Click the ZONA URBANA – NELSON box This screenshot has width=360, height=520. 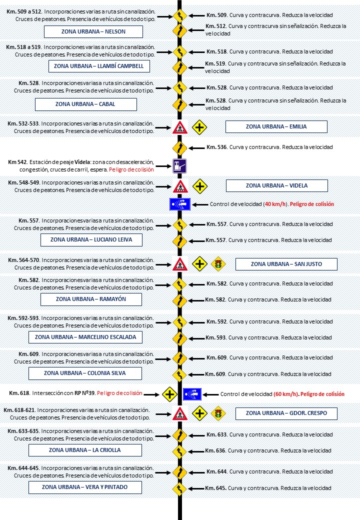tap(93, 31)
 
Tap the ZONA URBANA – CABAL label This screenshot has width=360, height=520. tap(85, 104)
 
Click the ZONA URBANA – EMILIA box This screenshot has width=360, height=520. tap(276, 126)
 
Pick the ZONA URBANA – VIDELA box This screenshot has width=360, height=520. tap(276, 185)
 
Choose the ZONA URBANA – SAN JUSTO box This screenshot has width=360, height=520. tap(286, 263)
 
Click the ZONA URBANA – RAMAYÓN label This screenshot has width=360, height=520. tap(91, 299)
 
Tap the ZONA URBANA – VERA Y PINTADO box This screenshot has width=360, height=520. tap(84, 487)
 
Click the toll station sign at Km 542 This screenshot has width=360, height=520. tap(179, 166)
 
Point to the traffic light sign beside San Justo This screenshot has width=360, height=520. tap(217, 263)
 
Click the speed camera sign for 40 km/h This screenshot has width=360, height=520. tap(179, 204)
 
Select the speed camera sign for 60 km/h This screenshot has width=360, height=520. tap(192, 394)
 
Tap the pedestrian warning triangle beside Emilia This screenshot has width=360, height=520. tap(179, 127)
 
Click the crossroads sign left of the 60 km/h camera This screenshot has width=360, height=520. tap(170, 394)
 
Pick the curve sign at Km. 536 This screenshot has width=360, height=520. tap(179, 147)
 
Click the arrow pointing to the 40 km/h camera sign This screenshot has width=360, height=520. tap(200, 204)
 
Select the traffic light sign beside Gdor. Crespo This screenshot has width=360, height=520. tap(217, 413)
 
